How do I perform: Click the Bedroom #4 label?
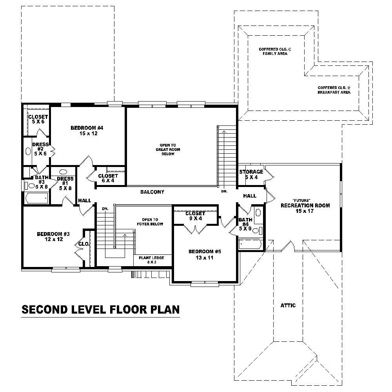click(x=87, y=131)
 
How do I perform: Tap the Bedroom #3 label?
click(x=53, y=237)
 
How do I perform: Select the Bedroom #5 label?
click(x=205, y=254)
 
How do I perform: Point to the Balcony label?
click(x=152, y=192)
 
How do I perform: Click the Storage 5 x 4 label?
click(x=251, y=174)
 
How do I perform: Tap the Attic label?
click(x=288, y=305)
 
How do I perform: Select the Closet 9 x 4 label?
click(x=195, y=216)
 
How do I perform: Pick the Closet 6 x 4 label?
click(x=108, y=178)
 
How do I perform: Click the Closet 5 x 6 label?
click(x=38, y=119)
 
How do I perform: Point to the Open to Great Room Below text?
click(x=165, y=149)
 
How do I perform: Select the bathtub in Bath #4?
click(x=250, y=245)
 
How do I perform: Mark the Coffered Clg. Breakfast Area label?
click(x=334, y=90)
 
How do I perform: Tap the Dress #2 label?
click(x=40, y=149)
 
